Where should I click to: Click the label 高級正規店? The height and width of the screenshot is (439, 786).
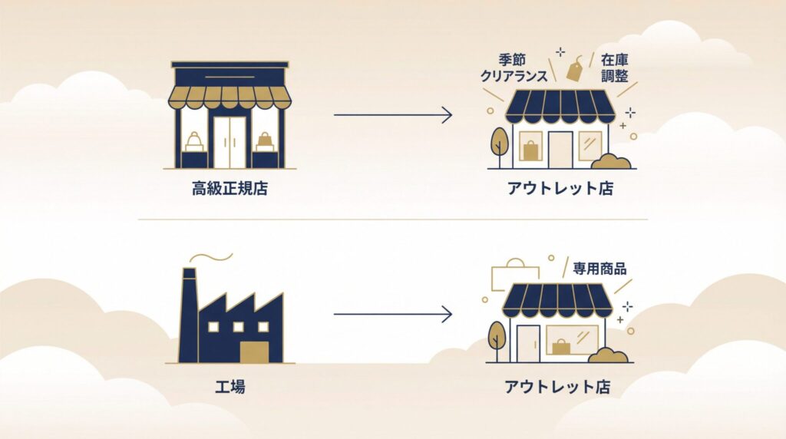230,189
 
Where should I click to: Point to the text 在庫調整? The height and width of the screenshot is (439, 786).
616,68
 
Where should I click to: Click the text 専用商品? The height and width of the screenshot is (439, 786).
599,269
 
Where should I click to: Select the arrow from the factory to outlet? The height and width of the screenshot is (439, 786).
392,314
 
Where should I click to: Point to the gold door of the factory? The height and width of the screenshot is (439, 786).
254,351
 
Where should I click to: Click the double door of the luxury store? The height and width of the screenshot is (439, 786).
230,142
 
